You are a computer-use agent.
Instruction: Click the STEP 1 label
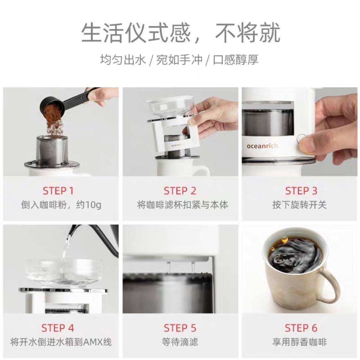point(58,191)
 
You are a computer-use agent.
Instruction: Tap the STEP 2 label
point(180,191)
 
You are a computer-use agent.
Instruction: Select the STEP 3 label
point(301,191)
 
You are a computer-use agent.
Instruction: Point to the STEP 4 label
point(58,328)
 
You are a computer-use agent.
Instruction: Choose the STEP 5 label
point(180,328)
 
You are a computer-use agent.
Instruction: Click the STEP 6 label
point(301,328)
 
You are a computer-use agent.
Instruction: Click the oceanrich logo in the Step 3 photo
point(262,146)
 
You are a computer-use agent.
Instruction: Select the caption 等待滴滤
point(180,342)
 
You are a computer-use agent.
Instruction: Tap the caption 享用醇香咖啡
point(300,342)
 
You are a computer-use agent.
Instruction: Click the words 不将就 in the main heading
point(248,33)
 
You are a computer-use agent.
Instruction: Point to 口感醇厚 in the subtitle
point(236,60)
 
